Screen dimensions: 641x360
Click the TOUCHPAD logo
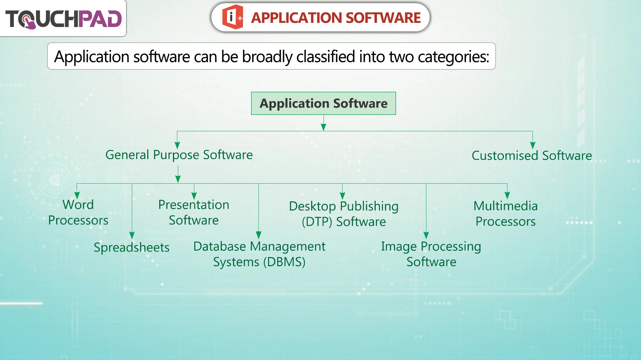[x=63, y=19]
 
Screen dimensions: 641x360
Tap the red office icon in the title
[x=233, y=17]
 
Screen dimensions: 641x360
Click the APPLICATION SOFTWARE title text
[x=336, y=18]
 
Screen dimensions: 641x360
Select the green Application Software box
[x=324, y=103]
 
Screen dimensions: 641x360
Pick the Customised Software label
[x=532, y=156]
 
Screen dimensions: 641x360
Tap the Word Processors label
[x=78, y=212]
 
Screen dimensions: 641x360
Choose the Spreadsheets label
[x=132, y=247]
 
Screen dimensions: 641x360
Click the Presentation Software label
[x=194, y=212]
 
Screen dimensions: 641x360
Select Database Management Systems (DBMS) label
[x=259, y=254]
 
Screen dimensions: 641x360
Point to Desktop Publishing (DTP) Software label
[x=344, y=214]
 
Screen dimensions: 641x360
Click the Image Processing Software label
[x=431, y=254]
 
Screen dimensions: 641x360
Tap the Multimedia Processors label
[x=506, y=214]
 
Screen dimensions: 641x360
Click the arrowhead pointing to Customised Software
[x=532, y=145]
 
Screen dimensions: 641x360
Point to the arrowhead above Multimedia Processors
[x=507, y=195]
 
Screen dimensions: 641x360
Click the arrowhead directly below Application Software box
[x=324, y=127]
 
